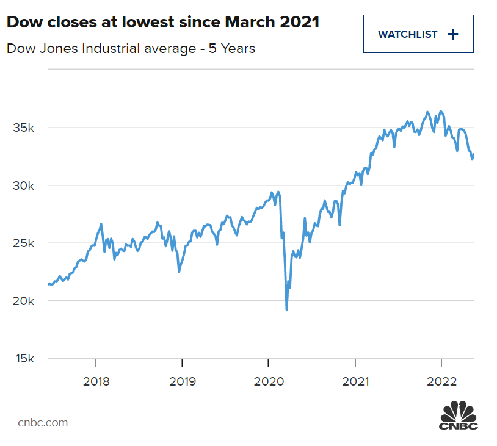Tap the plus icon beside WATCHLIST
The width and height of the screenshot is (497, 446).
452,34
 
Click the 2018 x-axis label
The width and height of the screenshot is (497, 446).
96,382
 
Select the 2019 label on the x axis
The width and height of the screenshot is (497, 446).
182,382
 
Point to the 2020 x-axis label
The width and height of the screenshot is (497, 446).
268,382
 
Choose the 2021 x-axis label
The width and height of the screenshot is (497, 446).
355,382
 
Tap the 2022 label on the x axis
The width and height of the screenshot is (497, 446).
441,382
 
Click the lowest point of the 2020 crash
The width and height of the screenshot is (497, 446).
286,309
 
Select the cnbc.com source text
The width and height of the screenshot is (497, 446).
43,422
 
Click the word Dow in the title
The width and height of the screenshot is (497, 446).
22,23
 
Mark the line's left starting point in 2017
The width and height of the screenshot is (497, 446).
48,284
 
